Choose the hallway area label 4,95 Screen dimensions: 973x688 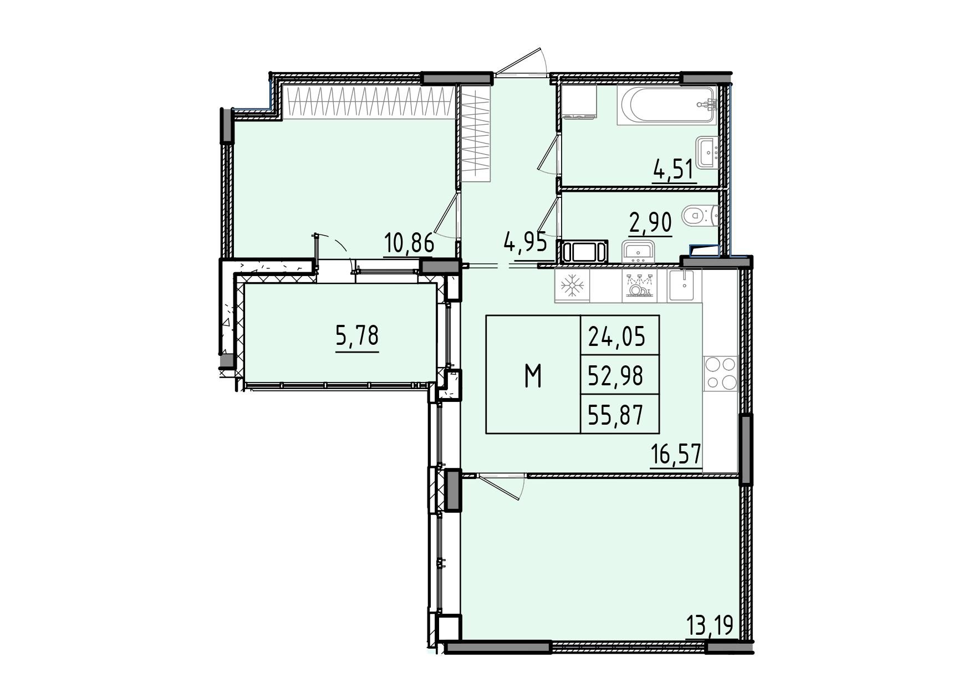coord(526,242)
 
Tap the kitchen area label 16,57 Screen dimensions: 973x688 coord(676,456)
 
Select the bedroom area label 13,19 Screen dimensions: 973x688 coord(710,626)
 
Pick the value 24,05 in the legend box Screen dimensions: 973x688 coord(617,336)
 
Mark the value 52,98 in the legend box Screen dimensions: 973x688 coord(616,376)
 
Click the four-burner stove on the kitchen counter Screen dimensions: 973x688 coord(720,373)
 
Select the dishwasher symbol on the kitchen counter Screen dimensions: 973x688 coord(640,286)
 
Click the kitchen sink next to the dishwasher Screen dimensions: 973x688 coord(685,285)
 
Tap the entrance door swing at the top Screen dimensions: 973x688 coord(521,62)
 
